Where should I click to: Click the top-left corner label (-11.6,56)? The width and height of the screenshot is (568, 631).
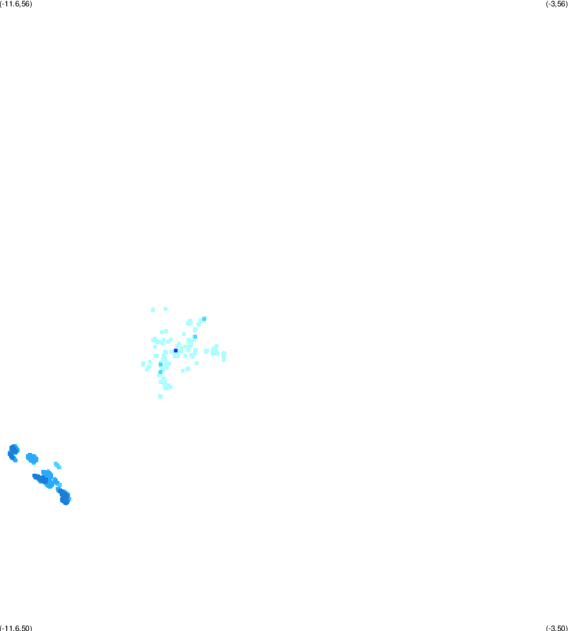(x=16, y=4)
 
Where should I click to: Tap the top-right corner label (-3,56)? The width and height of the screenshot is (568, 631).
(x=557, y=4)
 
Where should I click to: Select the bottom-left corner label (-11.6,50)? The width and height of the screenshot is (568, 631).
(x=16, y=628)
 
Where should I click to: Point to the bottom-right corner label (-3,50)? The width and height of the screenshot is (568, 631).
(x=557, y=628)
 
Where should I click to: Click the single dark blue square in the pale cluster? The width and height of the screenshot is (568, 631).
(x=176, y=351)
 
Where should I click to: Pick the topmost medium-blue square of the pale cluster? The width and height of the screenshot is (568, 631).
(x=204, y=319)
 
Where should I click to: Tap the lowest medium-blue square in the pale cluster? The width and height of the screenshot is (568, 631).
(x=160, y=372)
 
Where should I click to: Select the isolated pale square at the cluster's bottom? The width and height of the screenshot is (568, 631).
(x=160, y=397)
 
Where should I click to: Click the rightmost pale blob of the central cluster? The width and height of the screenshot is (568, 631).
(x=224, y=356)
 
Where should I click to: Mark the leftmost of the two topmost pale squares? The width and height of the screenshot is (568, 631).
(x=153, y=310)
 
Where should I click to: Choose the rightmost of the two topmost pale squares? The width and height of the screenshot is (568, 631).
(x=166, y=309)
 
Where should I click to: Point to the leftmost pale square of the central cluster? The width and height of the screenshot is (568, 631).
(x=143, y=364)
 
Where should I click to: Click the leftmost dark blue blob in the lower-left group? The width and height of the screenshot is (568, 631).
(x=13, y=452)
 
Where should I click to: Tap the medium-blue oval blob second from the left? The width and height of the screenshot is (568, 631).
(x=32, y=459)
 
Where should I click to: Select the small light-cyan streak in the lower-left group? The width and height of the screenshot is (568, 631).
(x=57, y=466)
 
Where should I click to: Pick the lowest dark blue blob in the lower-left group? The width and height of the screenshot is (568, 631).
(x=64, y=497)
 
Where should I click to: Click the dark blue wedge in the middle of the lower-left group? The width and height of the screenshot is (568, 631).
(x=40, y=479)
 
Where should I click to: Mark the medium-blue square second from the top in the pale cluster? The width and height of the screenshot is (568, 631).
(x=195, y=337)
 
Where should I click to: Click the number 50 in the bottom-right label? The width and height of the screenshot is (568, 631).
(x=560, y=628)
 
